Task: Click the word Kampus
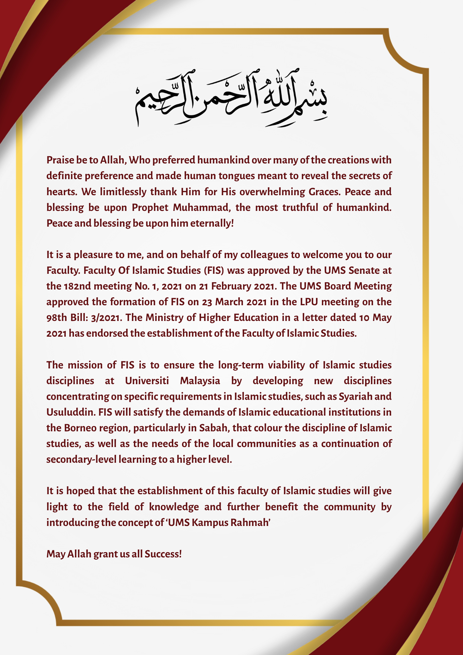coord(210,522)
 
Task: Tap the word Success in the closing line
coord(163,554)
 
